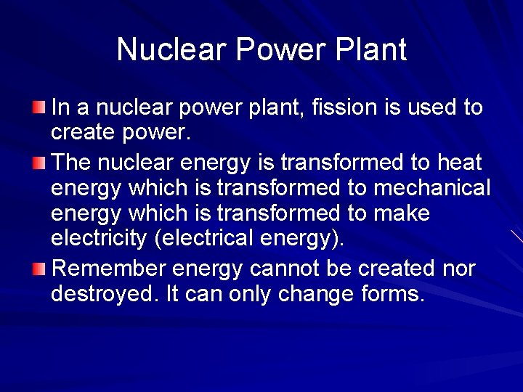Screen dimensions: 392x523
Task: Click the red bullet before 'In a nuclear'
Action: (x=38, y=108)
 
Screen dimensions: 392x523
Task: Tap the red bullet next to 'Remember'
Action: (x=38, y=269)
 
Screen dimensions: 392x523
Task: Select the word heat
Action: (x=458, y=161)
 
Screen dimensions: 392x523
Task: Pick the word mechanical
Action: (x=432, y=188)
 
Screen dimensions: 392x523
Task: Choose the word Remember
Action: (x=109, y=269)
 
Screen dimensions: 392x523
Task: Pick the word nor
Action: (x=459, y=269)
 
